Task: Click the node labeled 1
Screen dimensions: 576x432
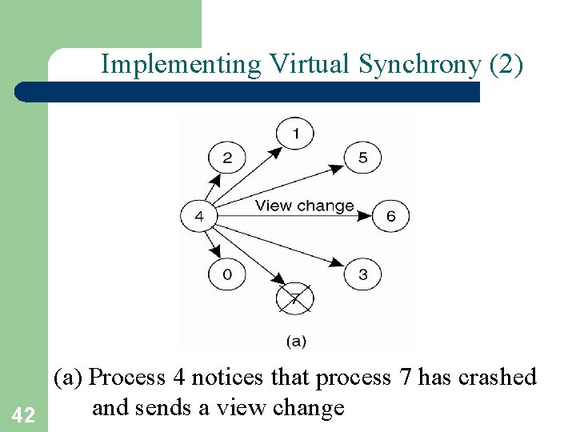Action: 295,133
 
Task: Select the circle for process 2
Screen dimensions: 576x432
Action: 227,158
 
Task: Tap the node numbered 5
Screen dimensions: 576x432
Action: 362,158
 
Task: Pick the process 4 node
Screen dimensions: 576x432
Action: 198,216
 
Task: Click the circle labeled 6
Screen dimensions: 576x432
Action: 390,216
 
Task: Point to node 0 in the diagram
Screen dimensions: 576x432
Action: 227,275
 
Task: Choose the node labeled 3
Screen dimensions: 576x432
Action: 362,275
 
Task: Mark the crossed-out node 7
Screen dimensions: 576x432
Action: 294,299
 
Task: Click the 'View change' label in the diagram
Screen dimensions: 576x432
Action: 304,206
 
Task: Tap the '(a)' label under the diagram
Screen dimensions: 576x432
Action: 295,341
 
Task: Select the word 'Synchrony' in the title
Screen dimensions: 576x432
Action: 420,64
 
